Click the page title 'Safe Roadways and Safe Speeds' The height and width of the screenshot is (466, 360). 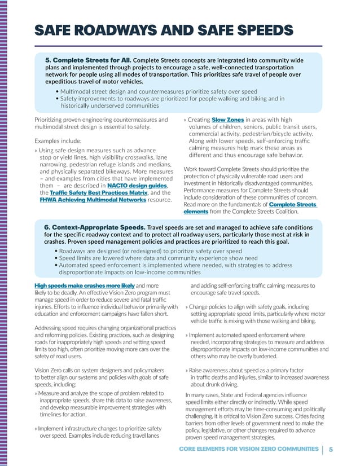click(x=164, y=30)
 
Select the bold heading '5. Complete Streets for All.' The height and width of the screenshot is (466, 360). click(x=88, y=59)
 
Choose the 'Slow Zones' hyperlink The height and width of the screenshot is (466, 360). click(x=227, y=120)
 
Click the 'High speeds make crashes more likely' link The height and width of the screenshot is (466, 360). click(x=85, y=286)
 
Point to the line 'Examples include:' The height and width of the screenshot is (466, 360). click(x=58, y=140)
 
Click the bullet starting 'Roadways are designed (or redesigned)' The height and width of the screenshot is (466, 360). click(x=150, y=251)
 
